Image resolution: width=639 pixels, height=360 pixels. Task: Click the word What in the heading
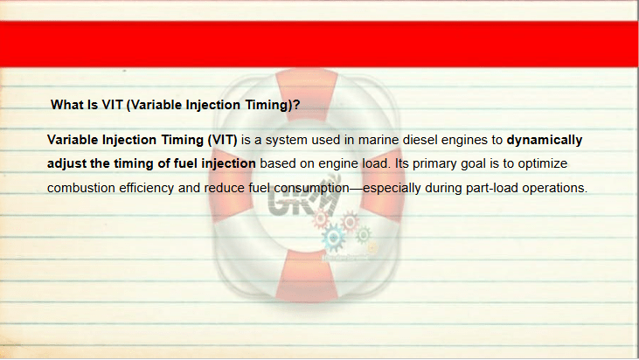click(x=66, y=105)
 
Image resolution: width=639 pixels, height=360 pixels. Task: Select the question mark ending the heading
click(x=296, y=105)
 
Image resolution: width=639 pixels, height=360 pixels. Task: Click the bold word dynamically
click(x=545, y=141)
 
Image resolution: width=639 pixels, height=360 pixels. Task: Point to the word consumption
click(x=311, y=189)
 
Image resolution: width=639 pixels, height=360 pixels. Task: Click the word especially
click(x=392, y=189)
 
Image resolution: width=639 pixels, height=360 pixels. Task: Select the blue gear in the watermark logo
click(x=333, y=238)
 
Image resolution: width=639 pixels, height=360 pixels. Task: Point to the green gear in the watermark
click(x=363, y=234)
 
